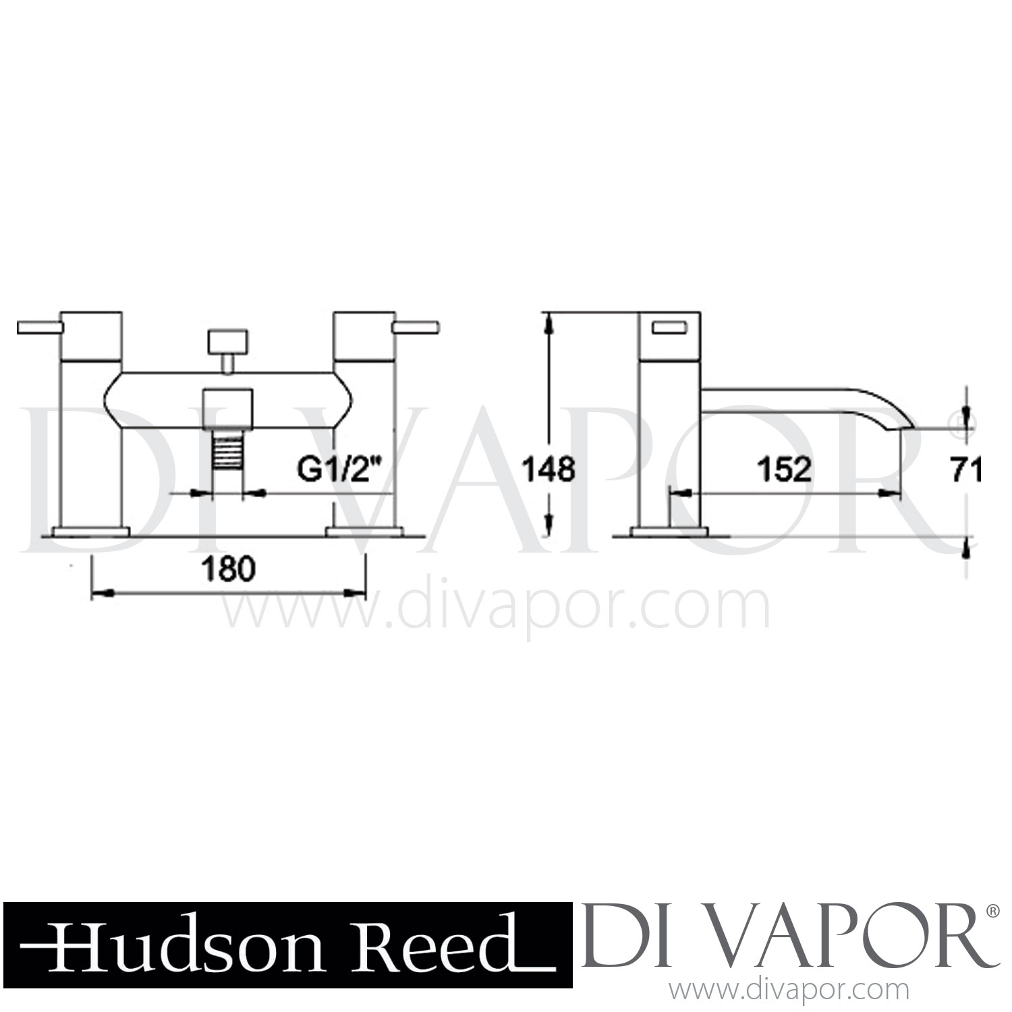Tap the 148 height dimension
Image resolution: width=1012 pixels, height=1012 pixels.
click(x=549, y=469)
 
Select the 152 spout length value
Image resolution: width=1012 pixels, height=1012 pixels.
click(x=783, y=469)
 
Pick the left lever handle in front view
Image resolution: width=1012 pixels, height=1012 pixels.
click(x=39, y=328)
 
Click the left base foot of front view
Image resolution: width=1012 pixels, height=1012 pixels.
click(x=91, y=530)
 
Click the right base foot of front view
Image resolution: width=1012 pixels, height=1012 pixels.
click(x=364, y=530)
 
